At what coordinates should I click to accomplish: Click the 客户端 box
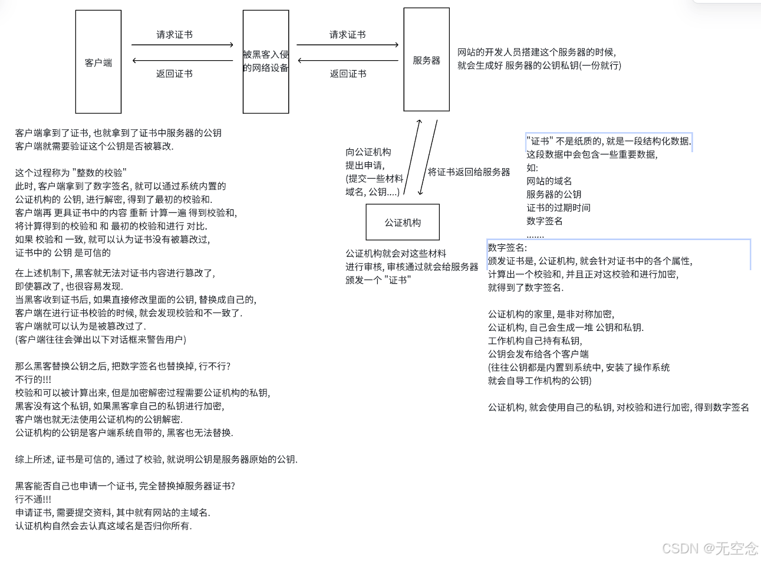click(98, 62)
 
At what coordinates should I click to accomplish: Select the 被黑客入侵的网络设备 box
click(266, 61)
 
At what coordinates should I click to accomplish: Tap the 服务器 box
click(426, 60)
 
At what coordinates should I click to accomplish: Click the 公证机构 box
click(403, 222)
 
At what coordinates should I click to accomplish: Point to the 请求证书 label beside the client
click(174, 35)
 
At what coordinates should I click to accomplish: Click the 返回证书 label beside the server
click(348, 74)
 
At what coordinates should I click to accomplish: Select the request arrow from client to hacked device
click(182, 45)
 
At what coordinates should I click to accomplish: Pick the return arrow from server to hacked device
click(348, 61)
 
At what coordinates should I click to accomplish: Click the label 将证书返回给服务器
click(469, 172)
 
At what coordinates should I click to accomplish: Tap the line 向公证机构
click(368, 152)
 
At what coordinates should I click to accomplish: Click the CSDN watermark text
click(710, 548)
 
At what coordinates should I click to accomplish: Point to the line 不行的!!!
click(33, 379)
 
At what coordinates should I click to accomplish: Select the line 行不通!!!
click(33, 499)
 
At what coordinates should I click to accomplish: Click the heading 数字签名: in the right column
click(508, 248)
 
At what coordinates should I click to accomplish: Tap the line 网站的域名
click(549, 181)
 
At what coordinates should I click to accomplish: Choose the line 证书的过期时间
click(558, 208)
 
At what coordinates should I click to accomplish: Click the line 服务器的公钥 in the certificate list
click(554, 194)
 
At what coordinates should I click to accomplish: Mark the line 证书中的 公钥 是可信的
click(63, 252)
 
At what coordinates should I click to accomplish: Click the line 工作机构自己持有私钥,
click(535, 341)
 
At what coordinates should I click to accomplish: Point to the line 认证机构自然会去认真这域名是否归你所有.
click(104, 526)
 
